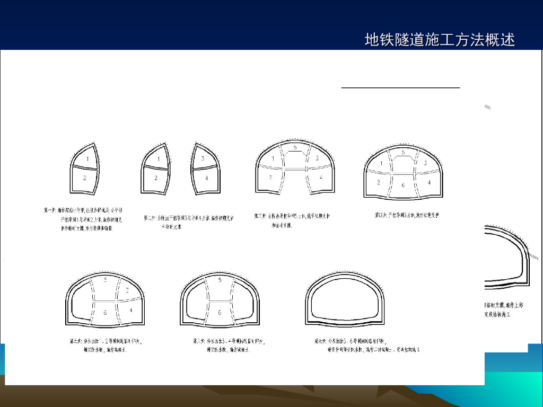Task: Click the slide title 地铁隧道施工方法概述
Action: pos(440,40)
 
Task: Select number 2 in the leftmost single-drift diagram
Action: pos(85,178)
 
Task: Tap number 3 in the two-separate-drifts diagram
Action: pos(203,158)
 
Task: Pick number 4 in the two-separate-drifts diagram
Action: pos(206,178)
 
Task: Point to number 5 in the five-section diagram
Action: pos(295,147)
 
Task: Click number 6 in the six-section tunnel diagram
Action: pos(403,185)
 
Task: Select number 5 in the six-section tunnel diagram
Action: pos(403,152)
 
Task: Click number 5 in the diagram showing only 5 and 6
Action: pos(220,279)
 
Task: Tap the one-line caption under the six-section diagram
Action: pos(407,215)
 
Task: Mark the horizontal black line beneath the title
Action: pos(400,87)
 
